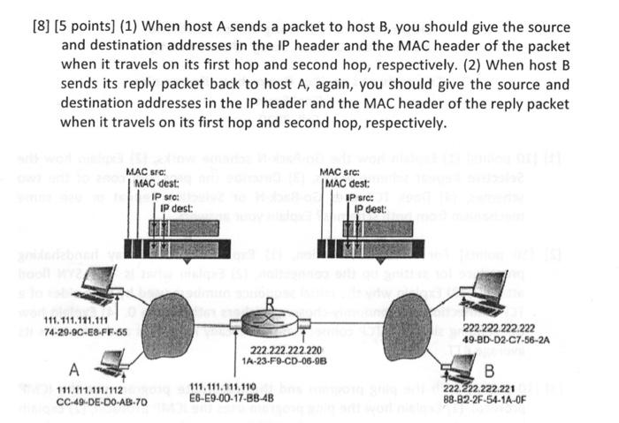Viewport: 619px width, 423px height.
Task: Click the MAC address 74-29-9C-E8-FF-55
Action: [85, 333]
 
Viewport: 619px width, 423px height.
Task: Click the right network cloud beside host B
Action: [407, 320]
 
